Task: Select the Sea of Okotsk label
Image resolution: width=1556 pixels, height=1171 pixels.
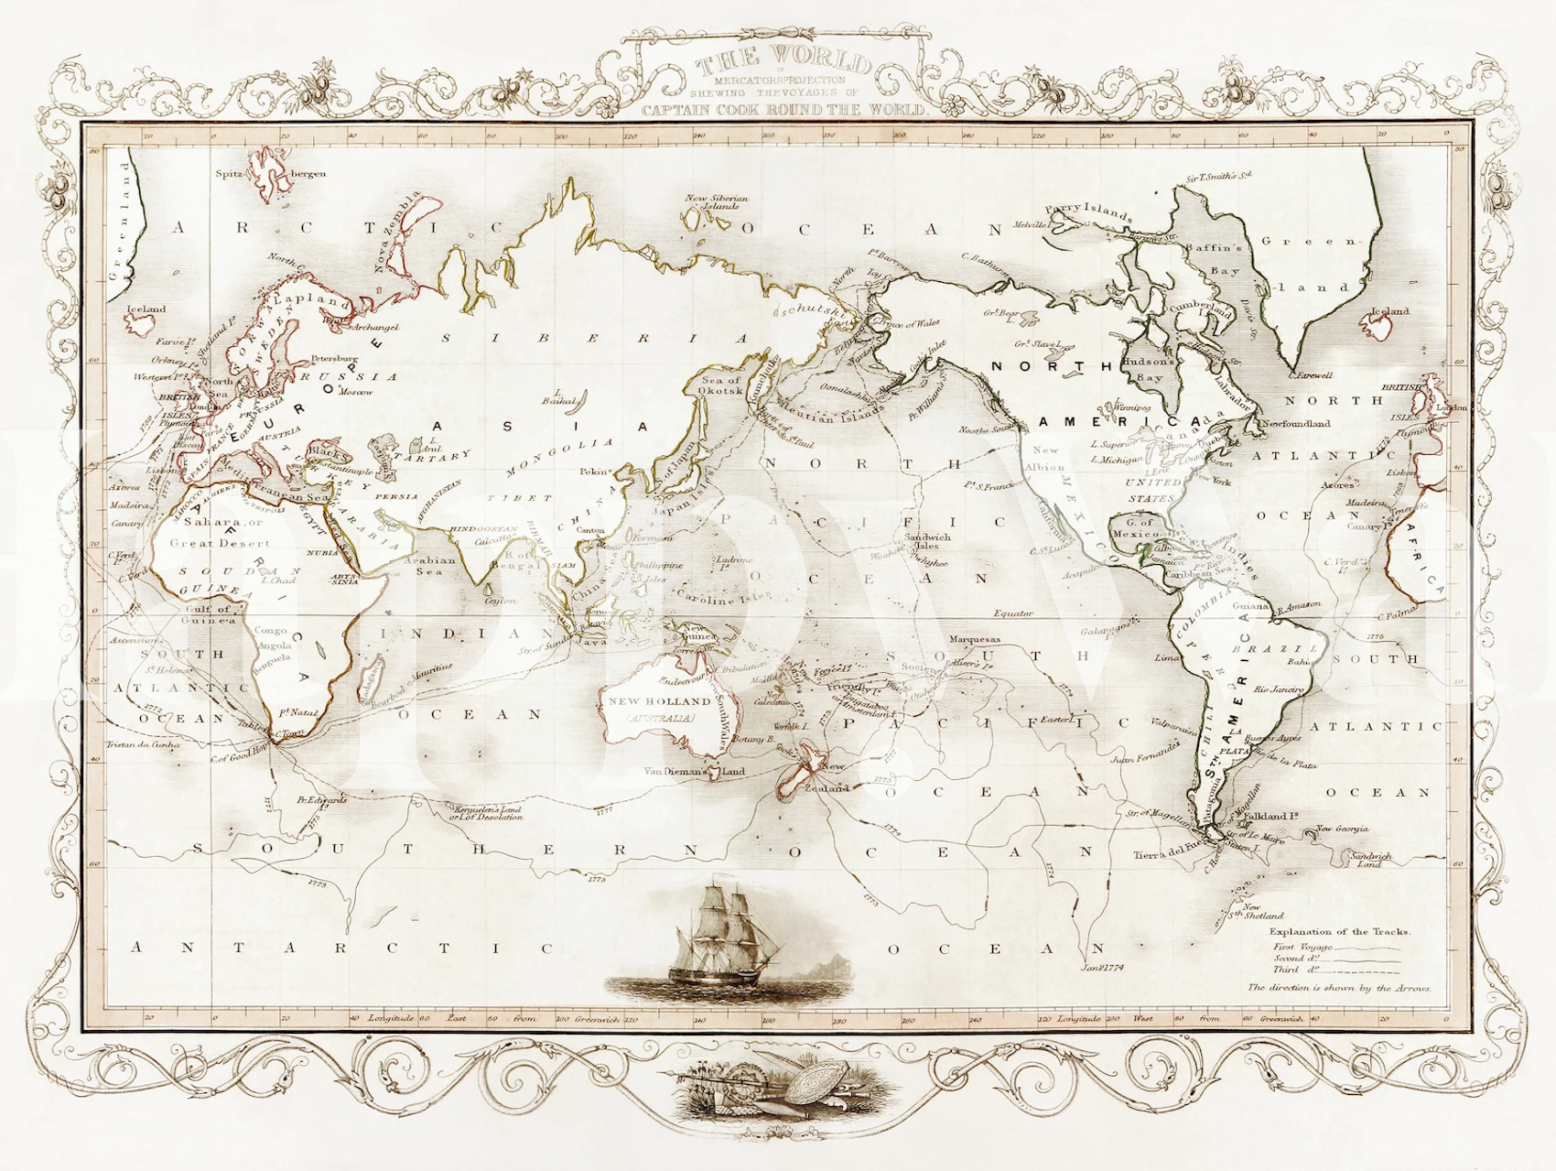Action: click(721, 385)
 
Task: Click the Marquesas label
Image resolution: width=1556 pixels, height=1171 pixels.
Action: click(975, 640)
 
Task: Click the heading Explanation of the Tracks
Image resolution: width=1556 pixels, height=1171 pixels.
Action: click(1338, 931)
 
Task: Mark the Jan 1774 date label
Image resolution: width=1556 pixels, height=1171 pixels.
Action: click(1103, 967)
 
